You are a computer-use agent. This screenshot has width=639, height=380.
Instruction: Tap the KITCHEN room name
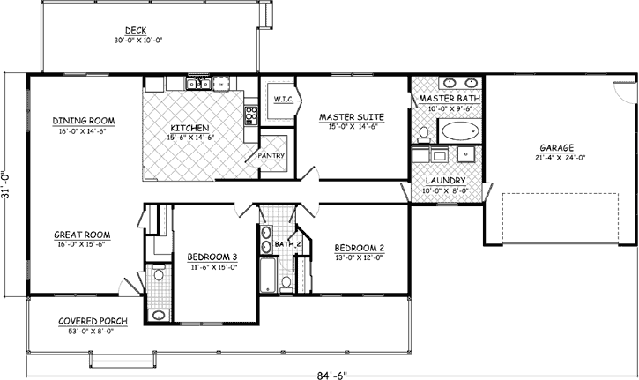pos(189,128)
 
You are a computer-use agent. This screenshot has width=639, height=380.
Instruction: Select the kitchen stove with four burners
pos(250,112)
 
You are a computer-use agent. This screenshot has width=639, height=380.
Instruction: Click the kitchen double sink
pos(194,85)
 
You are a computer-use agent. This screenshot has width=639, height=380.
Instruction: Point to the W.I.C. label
pos(282,98)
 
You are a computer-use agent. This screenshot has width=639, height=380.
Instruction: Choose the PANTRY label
pos(270,155)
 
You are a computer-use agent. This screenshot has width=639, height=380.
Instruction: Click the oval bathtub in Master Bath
pos(457,133)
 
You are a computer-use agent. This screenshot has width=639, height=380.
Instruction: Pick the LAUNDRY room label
pos(447,179)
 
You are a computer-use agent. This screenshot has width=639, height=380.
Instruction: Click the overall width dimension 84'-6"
pos(334,374)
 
